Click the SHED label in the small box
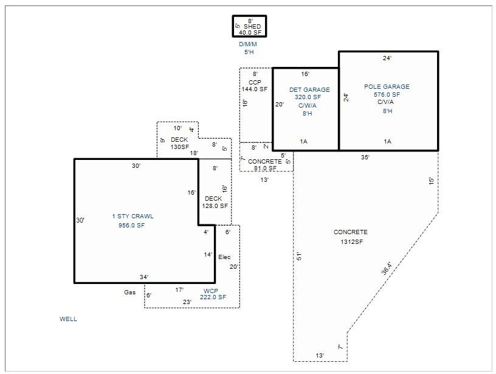pos(252,27)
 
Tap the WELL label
pos(68,319)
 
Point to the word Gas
pos(129,293)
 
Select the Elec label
pos(224,257)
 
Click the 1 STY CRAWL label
pos(133,216)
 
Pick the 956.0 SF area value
pos(131,225)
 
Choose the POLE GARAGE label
pos(387,87)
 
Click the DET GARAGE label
pos(309,90)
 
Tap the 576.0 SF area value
pos(387,95)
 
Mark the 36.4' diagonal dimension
pos(387,268)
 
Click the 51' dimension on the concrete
pos(299,256)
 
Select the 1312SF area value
pos(352,242)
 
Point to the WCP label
pos(211,291)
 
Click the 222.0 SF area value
pos(213,297)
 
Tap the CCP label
pos(255,83)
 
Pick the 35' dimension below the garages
pos(365,158)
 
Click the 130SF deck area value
pos(180,147)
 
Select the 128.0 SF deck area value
pos(215,206)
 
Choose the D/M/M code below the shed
pos(248,44)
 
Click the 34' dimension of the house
pos(144,277)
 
